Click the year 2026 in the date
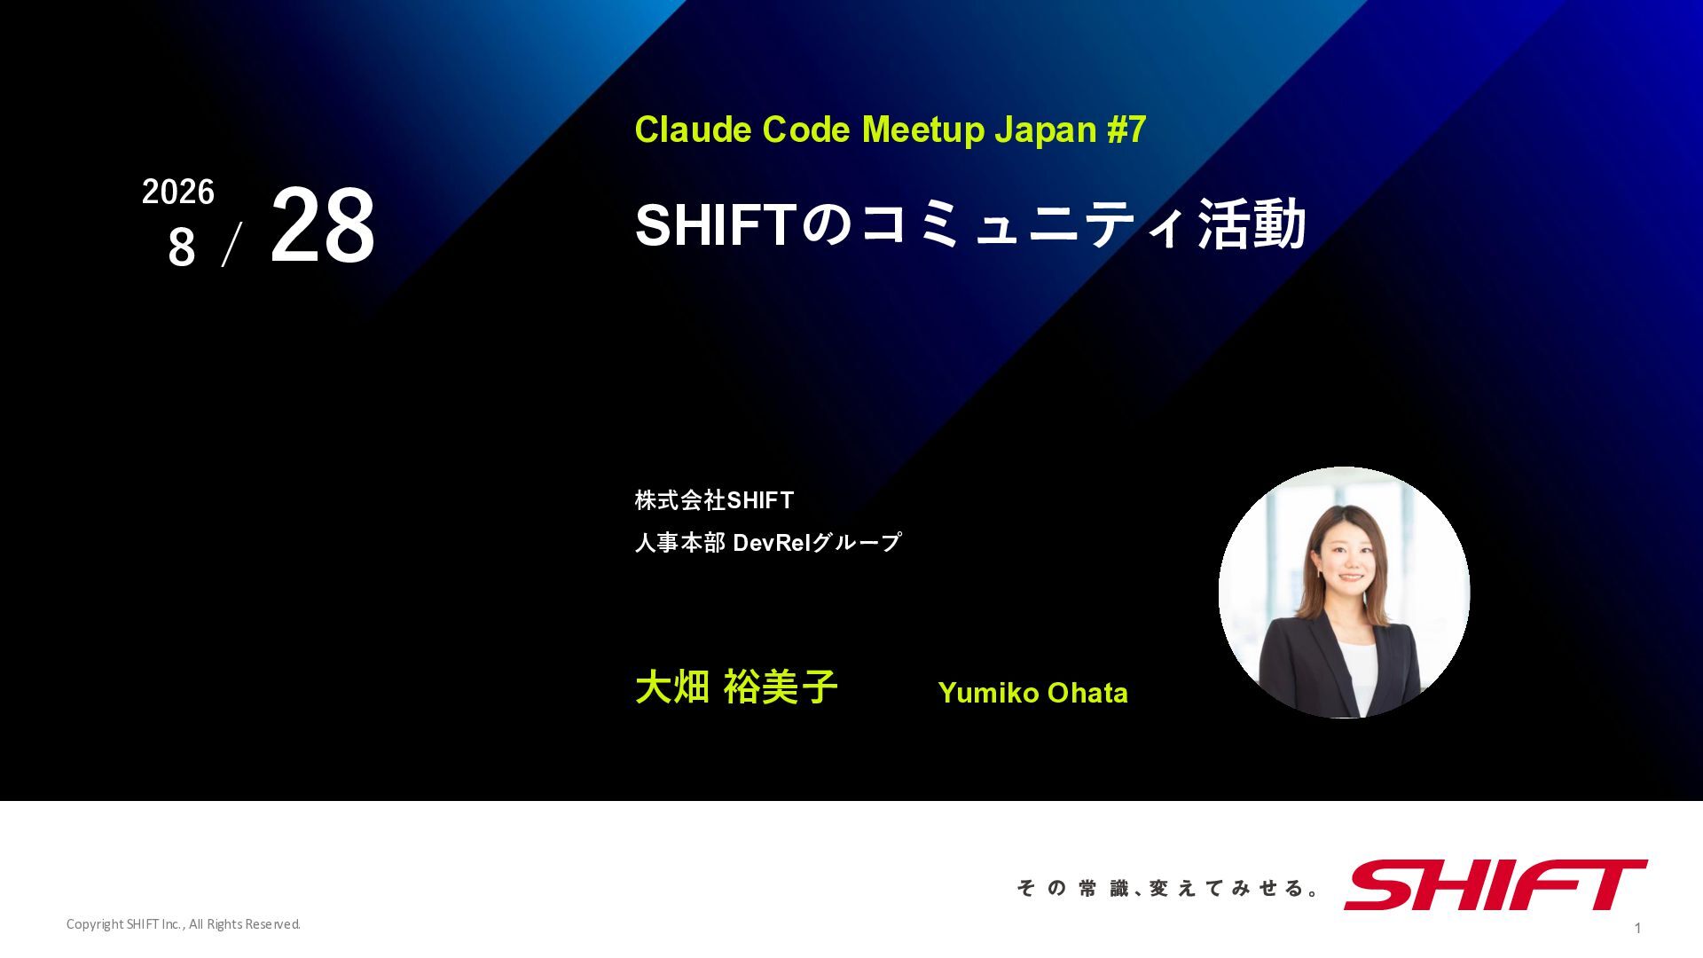pyautogui.click(x=178, y=192)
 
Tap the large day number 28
pyautogui.click(x=322, y=225)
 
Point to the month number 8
pyautogui.click(x=182, y=247)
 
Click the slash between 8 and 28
pyautogui.click(x=232, y=245)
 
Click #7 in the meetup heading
pyautogui.click(x=1126, y=130)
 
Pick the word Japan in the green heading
pyautogui.click(x=1045, y=131)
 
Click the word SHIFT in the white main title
pyautogui.click(x=717, y=224)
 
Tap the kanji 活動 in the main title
pyautogui.click(x=1252, y=224)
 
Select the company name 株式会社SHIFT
pyautogui.click(x=714, y=500)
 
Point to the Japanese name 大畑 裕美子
pyautogui.click(x=736, y=687)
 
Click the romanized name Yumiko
pyautogui.click(x=986, y=693)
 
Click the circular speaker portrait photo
pyautogui.click(x=1344, y=593)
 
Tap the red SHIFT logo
pyautogui.click(x=1495, y=884)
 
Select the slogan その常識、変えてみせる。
pyautogui.click(x=1168, y=888)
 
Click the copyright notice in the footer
pyautogui.click(x=184, y=924)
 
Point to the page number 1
pyautogui.click(x=1637, y=928)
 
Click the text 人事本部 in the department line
pyautogui.click(x=680, y=542)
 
